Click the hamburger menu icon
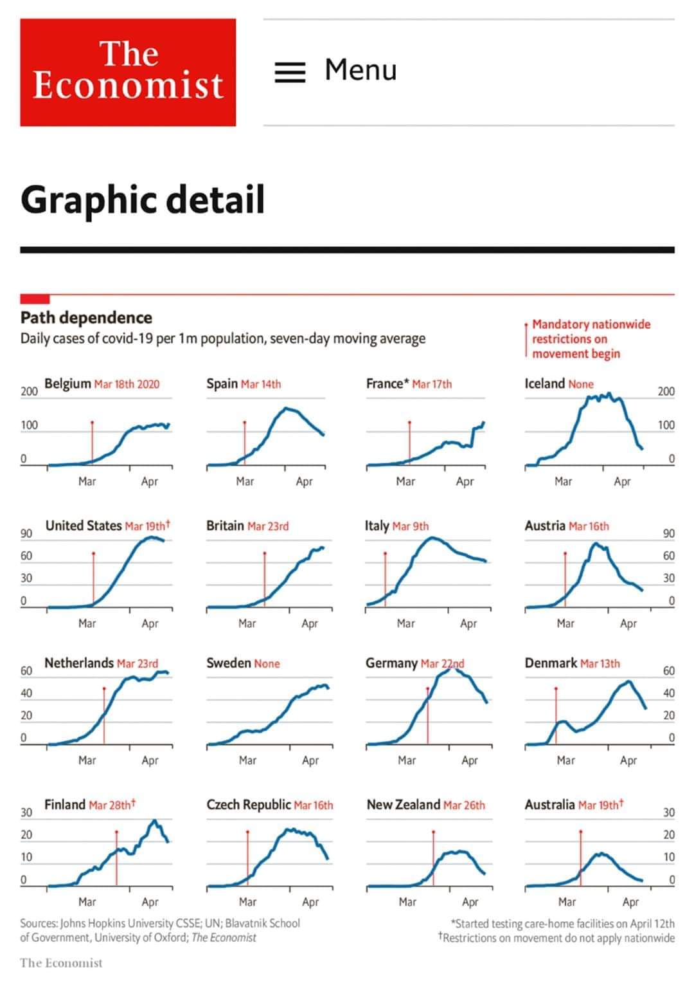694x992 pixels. pyautogui.click(x=290, y=71)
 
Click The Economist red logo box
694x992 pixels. pyautogui.click(x=128, y=72)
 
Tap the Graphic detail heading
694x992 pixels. pyautogui.click(x=143, y=199)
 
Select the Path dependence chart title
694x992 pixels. pyautogui.click(x=86, y=318)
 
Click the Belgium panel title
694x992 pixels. pyautogui.click(x=67, y=383)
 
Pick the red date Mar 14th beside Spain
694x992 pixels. pyautogui.click(x=261, y=384)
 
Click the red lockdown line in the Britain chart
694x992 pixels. pyautogui.click(x=265, y=576)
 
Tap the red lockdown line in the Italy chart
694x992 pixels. pyautogui.click(x=385, y=573)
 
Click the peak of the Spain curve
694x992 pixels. pyautogui.click(x=287, y=409)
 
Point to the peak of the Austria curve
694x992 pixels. pyautogui.click(x=595, y=544)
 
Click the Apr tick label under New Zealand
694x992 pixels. pyautogui.click(x=470, y=902)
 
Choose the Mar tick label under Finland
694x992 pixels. pyautogui.click(x=87, y=902)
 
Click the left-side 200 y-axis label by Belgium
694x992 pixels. pyautogui.click(x=29, y=391)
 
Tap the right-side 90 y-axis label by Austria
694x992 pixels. pyautogui.click(x=669, y=533)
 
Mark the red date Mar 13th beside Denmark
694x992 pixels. pyautogui.click(x=600, y=663)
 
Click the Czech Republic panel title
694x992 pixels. pyautogui.click(x=249, y=805)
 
